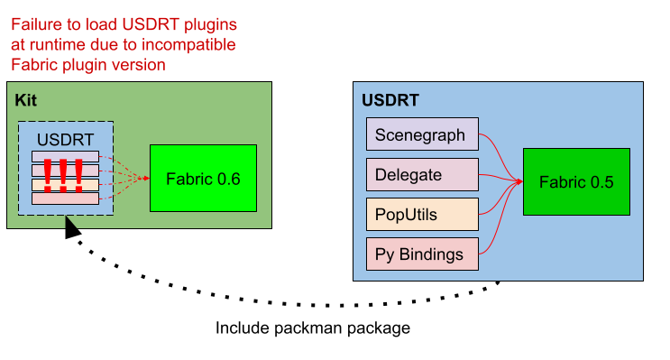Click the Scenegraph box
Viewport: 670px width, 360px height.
(421, 134)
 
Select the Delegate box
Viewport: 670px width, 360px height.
(421, 174)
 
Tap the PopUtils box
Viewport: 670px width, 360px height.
(421, 214)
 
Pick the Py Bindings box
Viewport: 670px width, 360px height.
(421, 254)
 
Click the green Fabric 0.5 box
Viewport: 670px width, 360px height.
(576, 182)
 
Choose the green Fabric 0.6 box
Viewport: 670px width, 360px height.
(203, 178)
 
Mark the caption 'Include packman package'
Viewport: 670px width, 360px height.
(312, 328)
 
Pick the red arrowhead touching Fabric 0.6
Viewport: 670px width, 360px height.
(144, 178)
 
